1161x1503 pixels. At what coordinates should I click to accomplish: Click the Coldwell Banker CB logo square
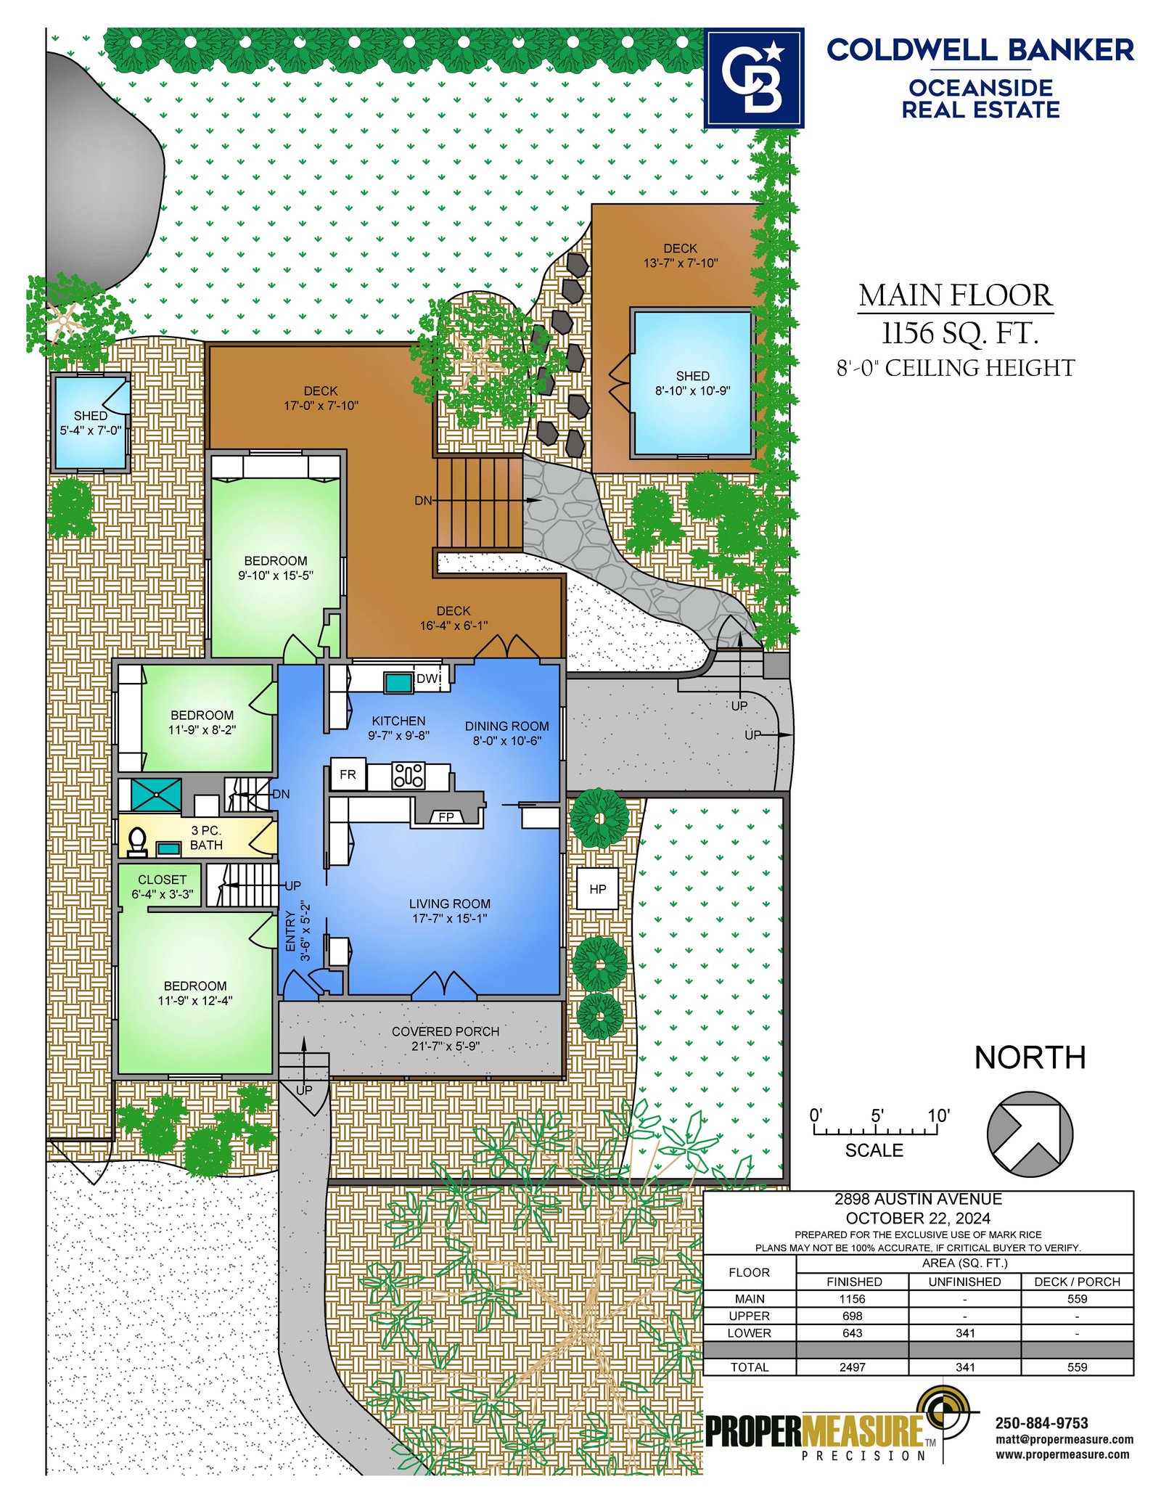click(754, 78)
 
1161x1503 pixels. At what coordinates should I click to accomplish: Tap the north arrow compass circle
click(1029, 1134)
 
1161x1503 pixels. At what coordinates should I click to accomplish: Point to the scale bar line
click(874, 1130)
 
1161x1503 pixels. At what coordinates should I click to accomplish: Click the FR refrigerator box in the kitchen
click(348, 774)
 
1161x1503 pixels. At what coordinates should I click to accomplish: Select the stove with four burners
click(408, 775)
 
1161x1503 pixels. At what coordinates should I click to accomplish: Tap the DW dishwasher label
click(427, 678)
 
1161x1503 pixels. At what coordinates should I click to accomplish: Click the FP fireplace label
click(446, 817)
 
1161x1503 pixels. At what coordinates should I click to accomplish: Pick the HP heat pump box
click(598, 888)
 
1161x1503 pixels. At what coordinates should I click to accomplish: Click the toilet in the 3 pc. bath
click(136, 842)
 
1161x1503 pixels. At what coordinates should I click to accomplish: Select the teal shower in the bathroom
click(156, 795)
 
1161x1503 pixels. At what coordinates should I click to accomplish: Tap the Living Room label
click(450, 904)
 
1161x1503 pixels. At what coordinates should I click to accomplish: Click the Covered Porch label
click(446, 1031)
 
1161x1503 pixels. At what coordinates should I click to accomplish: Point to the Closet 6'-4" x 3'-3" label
click(163, 886)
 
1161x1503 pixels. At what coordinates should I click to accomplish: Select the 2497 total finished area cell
click(853, 1367)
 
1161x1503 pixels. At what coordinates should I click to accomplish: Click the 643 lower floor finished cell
click(853, 1332)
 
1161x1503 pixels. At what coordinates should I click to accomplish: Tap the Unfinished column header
click(964, 1282)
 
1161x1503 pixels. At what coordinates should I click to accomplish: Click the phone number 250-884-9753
click(1042, 1423)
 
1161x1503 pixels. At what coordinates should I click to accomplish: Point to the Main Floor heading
click(956, 295)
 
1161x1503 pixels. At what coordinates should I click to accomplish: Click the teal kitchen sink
click(398, 682)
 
